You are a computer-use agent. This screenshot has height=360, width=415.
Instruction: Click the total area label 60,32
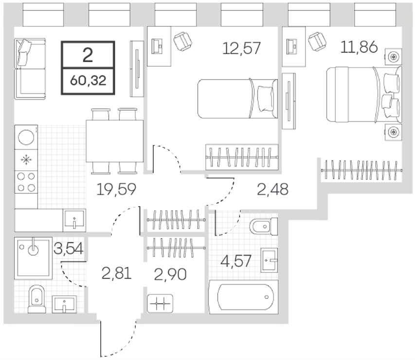pos(88,80)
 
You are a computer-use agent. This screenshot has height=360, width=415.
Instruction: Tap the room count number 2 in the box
pos(88,55)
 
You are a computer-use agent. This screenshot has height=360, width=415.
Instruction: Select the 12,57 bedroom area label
pos(241,48)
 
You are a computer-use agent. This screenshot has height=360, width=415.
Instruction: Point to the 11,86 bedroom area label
pos(359,47)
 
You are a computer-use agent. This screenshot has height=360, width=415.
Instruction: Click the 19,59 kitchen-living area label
pos(116,189)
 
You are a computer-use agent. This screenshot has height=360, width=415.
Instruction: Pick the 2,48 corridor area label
pos(272,189)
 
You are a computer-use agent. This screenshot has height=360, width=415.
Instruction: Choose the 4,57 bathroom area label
pos(235,261)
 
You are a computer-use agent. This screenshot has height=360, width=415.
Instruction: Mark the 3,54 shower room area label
pos(69,248)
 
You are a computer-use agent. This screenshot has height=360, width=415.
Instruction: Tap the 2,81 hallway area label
pos(116,273)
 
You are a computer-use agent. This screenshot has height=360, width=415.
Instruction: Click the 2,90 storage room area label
pos(170,274)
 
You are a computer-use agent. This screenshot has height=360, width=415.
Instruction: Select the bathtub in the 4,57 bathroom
pos(243,297)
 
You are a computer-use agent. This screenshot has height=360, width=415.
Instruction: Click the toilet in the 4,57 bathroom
pos(264,227)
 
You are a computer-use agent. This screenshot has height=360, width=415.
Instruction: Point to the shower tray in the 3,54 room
pos(34,258)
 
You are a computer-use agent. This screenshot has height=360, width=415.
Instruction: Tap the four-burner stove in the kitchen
pos(26,182)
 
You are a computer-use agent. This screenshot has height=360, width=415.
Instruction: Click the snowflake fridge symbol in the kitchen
pos(26,160)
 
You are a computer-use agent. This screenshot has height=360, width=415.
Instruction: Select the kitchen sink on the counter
pos(74,220)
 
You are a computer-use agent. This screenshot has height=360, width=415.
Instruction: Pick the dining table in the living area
pos(115,141)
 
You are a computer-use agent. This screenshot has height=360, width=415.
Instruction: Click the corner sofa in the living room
pos(30,69)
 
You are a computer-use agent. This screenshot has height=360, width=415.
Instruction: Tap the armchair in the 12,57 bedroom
pos(183,41)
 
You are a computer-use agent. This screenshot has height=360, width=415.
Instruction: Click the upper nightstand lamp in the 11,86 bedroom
pos(394,56)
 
